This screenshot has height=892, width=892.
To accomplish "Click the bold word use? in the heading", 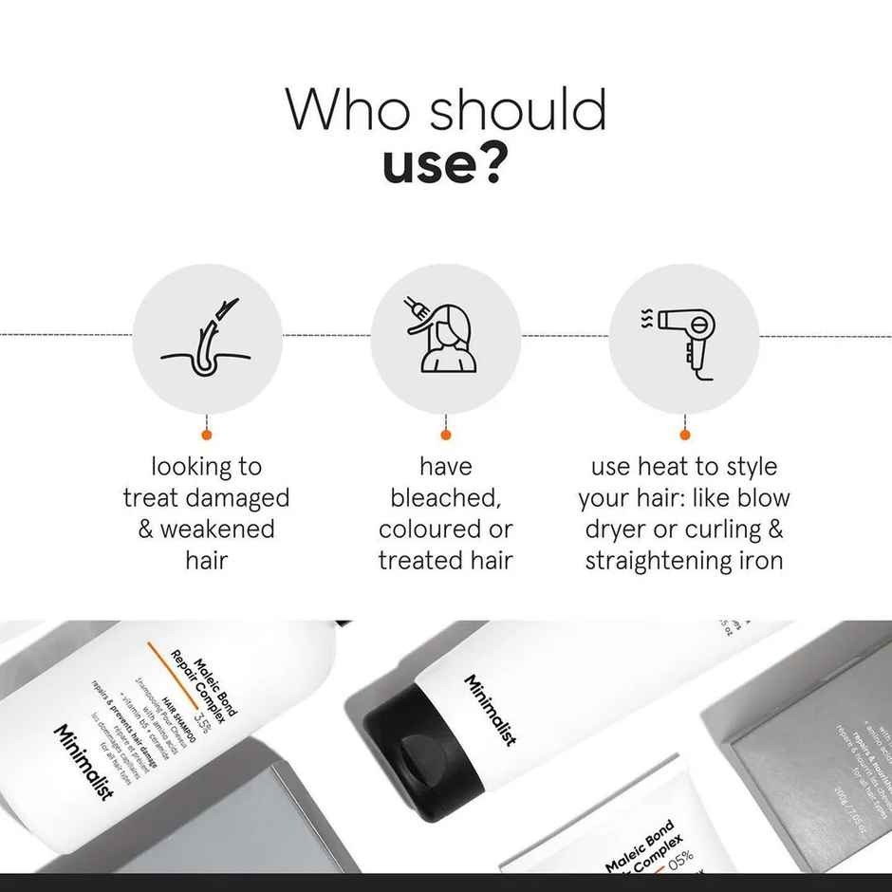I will [443, 164].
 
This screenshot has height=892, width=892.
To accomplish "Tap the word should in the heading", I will [516, 110].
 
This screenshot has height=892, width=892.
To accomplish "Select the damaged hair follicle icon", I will [207, 337].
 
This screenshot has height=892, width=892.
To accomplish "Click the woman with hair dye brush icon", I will [444, 337].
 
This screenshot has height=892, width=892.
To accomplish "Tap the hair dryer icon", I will [683, 337].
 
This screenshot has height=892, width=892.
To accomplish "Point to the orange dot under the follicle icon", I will [207, 435].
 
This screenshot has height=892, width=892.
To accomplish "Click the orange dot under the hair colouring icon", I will [445, 435].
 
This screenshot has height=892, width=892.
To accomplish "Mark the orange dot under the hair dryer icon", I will [684, 435].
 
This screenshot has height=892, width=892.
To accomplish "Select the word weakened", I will [217, 530].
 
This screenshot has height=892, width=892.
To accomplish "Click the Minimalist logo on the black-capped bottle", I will [490, 712].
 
